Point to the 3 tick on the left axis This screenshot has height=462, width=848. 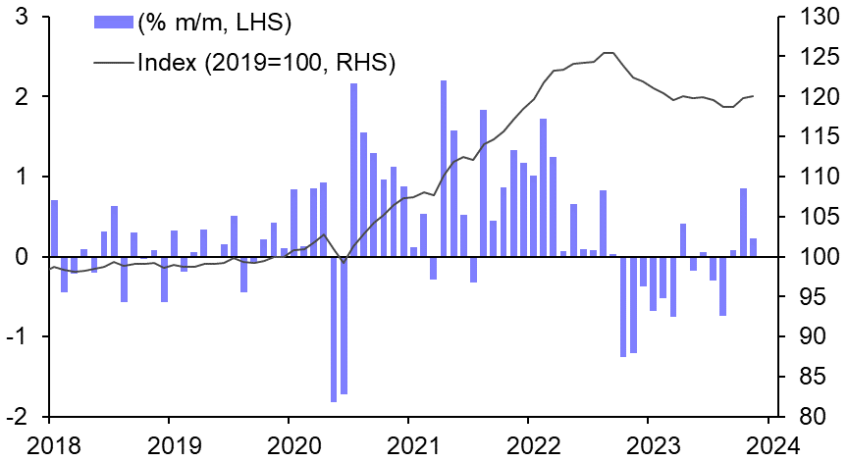pos(21,17)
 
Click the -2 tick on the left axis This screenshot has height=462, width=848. pos(17,417)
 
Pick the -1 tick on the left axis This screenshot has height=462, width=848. pos(17,336)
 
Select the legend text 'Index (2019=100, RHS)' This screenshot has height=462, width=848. pos(266,63)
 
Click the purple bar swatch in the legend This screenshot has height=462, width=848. pos(114,21)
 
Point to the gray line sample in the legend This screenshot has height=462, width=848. pos(114,63)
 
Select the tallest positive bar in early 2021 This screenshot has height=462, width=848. pos(444,168)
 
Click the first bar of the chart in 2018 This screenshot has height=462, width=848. pos(54,228)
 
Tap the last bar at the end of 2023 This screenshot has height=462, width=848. pos(753,247)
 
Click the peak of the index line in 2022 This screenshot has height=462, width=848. pos(609,53)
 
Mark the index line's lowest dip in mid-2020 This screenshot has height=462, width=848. pos(343,263)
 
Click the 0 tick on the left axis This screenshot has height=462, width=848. pos(21,257)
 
